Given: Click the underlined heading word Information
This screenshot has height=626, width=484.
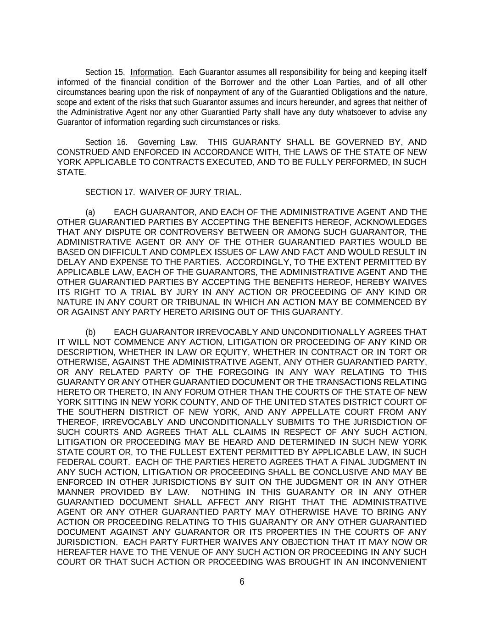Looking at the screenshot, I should (x=151, y=72).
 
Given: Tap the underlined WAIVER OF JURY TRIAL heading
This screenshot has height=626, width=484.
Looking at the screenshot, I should (x=189, y=192).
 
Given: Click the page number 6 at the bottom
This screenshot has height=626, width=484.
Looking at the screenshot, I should (x=242, y=582).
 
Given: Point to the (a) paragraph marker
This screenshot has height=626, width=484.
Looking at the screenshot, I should (x=90, y=212).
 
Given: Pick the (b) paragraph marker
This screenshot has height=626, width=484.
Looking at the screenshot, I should (x=90, y=332).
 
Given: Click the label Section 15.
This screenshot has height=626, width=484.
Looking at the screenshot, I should (x=105, y=72).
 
